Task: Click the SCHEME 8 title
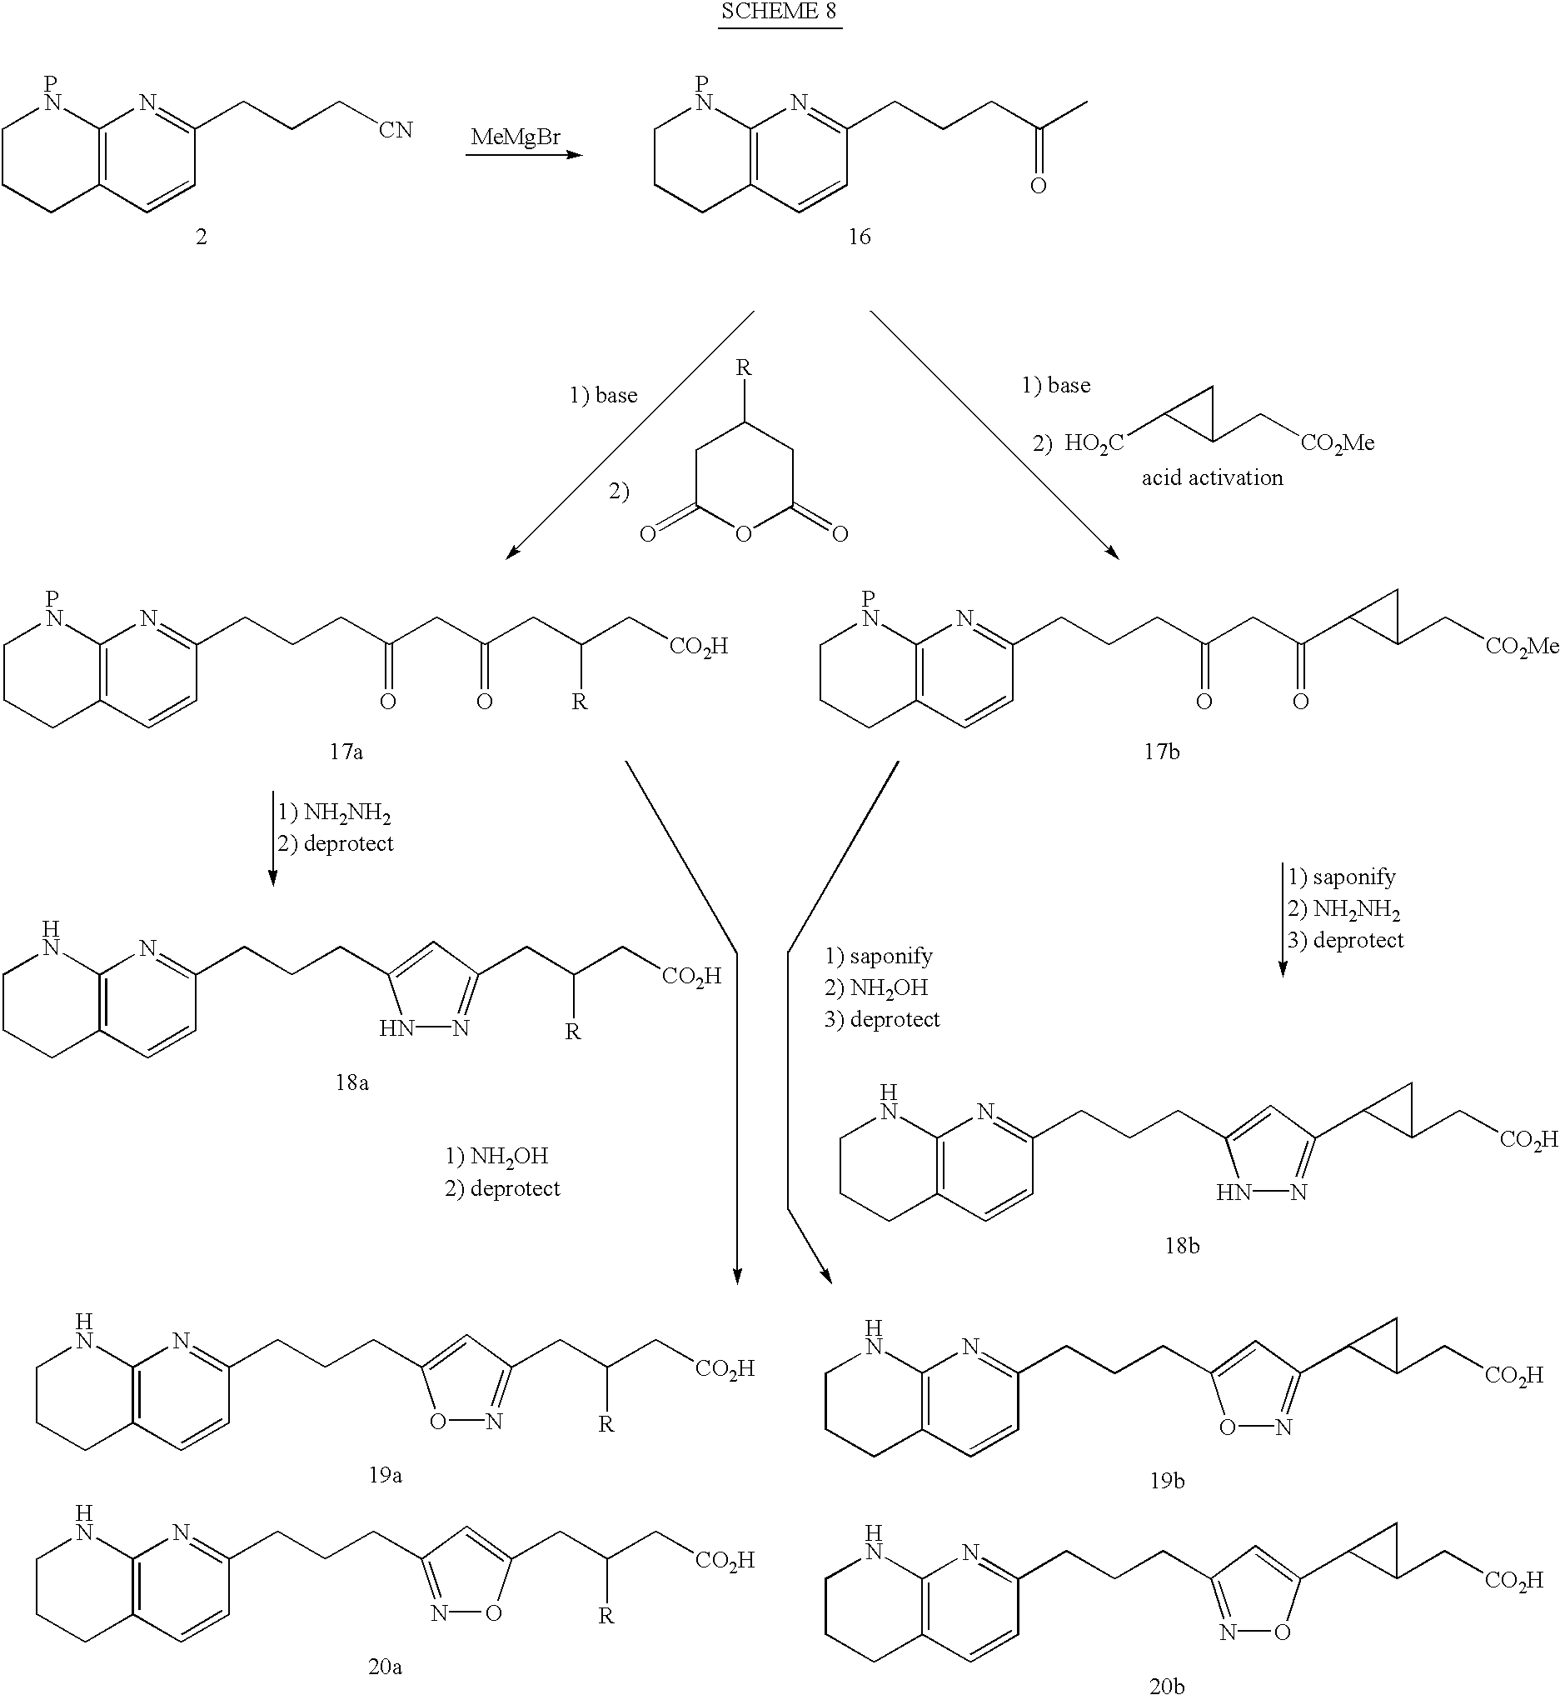coord(779,12)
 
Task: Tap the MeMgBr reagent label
coord(515,137)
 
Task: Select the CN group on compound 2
coord(395,130)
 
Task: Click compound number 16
coord(859,237)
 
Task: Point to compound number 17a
coord(346,752)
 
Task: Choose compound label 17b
coord(1162,752)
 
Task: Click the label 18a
coord(351,1082)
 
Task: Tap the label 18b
coord(1182,1245)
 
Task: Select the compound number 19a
coord(385,1474)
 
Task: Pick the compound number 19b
coord(1168,1481)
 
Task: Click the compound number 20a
coord(385,1666)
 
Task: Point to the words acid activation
coord(1212,478)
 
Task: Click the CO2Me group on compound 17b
coord(1522,647)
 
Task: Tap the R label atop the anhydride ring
coord(743,367)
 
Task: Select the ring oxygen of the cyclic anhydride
coord(743,533)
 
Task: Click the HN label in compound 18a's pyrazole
coord(396,1027)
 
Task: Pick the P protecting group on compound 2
coord(52,83)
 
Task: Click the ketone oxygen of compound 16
coord(1039,186)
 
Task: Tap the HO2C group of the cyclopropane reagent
coord(1094,443)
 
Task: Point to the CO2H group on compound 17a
coord(698,647)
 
